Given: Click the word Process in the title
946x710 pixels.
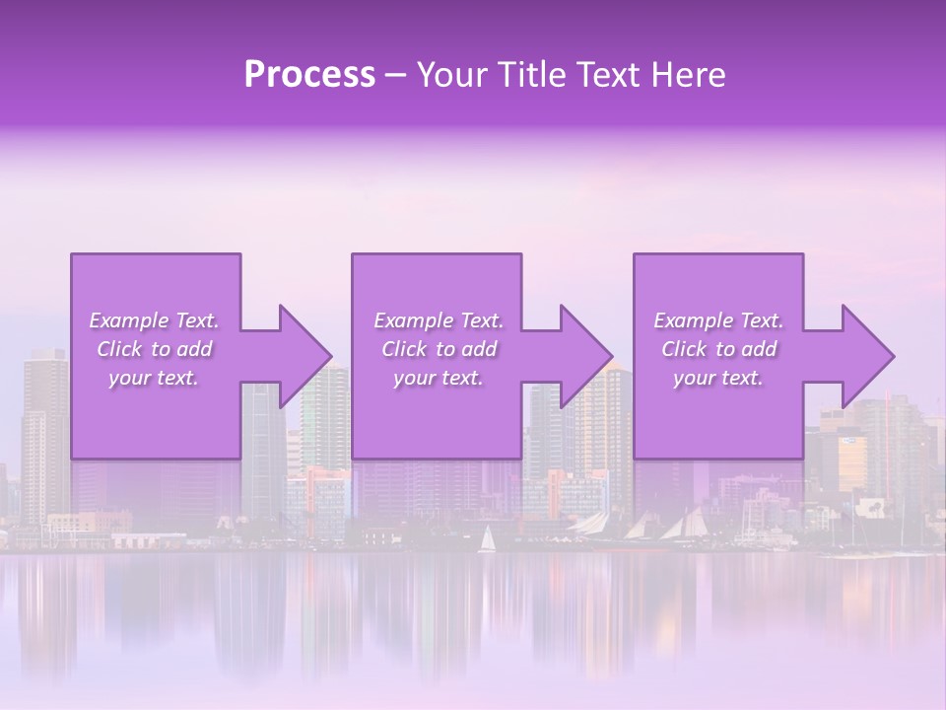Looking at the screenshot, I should (x=309, y=75).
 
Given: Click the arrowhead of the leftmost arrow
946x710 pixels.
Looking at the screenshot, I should (x=305, y=356).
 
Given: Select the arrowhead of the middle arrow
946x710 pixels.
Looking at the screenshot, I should (x=587, y=356).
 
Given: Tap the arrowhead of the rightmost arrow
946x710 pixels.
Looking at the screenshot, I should (x=868, y=356).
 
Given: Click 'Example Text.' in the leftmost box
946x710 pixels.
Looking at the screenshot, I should (x=154, y=320).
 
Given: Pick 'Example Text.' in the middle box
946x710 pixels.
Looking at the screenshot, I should (x=439, y=320).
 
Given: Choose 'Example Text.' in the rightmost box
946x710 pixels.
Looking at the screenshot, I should (x=718, y=320).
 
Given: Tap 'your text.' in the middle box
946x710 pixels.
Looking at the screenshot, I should (x=439, y=378).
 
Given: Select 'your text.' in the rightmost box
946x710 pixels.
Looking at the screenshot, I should (x=718, y=378).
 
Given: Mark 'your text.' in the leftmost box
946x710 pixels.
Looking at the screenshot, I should (x=154, y=378).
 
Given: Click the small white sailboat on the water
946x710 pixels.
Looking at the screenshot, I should (x=486, y=539).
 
